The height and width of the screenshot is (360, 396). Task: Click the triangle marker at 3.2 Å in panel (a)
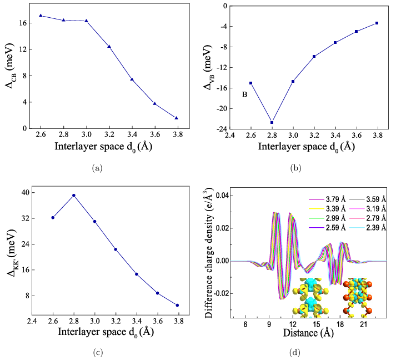[x=109, y=46]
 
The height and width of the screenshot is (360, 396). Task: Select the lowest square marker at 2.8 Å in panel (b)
[x=272, y=122]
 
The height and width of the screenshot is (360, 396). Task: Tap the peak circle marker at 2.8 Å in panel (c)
[x=74, y=195]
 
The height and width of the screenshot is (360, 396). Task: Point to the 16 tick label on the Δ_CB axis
[x=23, y=23]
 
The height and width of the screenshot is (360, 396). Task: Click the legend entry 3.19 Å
[x=376, y=208]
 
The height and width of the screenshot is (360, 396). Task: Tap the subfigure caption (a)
[x=98, y=166]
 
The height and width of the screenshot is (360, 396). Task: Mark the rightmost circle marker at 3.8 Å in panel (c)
[x=177, y=305]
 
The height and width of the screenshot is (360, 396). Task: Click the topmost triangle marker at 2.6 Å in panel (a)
[x=41, y=16]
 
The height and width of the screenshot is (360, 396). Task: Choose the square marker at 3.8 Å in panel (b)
[x=377, y=23]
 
